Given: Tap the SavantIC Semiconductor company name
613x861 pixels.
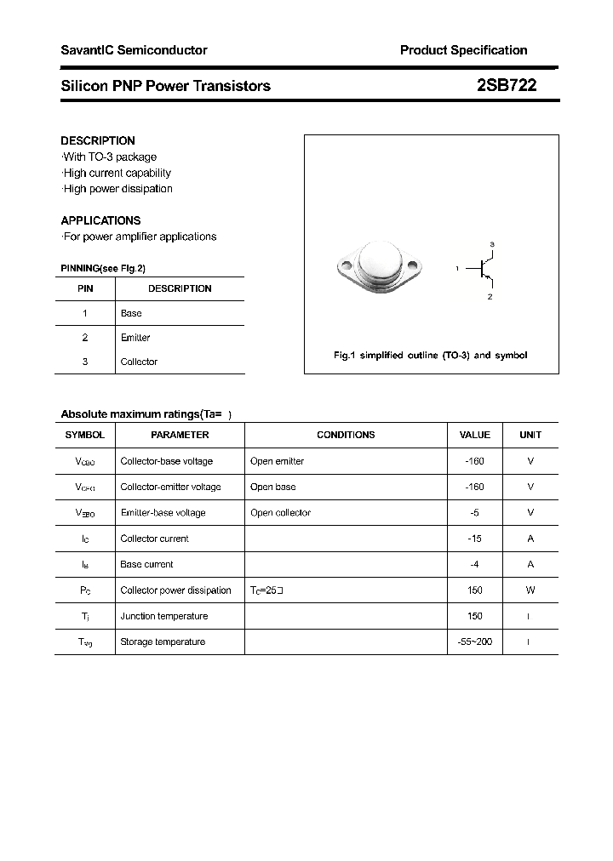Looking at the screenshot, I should [134, 50].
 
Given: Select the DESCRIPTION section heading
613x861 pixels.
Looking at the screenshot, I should [98, 140].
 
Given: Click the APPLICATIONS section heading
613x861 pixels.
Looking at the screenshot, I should [100, 220].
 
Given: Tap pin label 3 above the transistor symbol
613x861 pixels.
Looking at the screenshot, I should [492, 245].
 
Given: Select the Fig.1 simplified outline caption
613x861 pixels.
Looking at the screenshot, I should [430, 355].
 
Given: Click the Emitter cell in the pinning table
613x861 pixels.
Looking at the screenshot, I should [135, 338].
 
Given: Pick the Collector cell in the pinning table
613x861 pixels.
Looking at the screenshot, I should [139, 362].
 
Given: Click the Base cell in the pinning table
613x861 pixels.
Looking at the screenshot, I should [131, 313].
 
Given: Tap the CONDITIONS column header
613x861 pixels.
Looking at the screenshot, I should [346, 435].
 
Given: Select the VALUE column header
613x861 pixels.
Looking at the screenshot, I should [474, 435].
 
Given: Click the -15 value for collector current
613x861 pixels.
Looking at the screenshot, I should [474, 539].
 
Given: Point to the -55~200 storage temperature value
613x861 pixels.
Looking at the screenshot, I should [474, 641].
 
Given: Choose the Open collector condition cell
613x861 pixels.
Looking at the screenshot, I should [280, 513].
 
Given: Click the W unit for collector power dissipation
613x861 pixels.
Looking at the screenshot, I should [530, 590].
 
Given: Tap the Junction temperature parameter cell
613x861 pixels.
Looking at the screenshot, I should [165, 616].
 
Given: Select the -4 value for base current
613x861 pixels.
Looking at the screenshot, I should [474, 564].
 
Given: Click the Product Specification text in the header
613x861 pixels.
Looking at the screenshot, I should [463, 50].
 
